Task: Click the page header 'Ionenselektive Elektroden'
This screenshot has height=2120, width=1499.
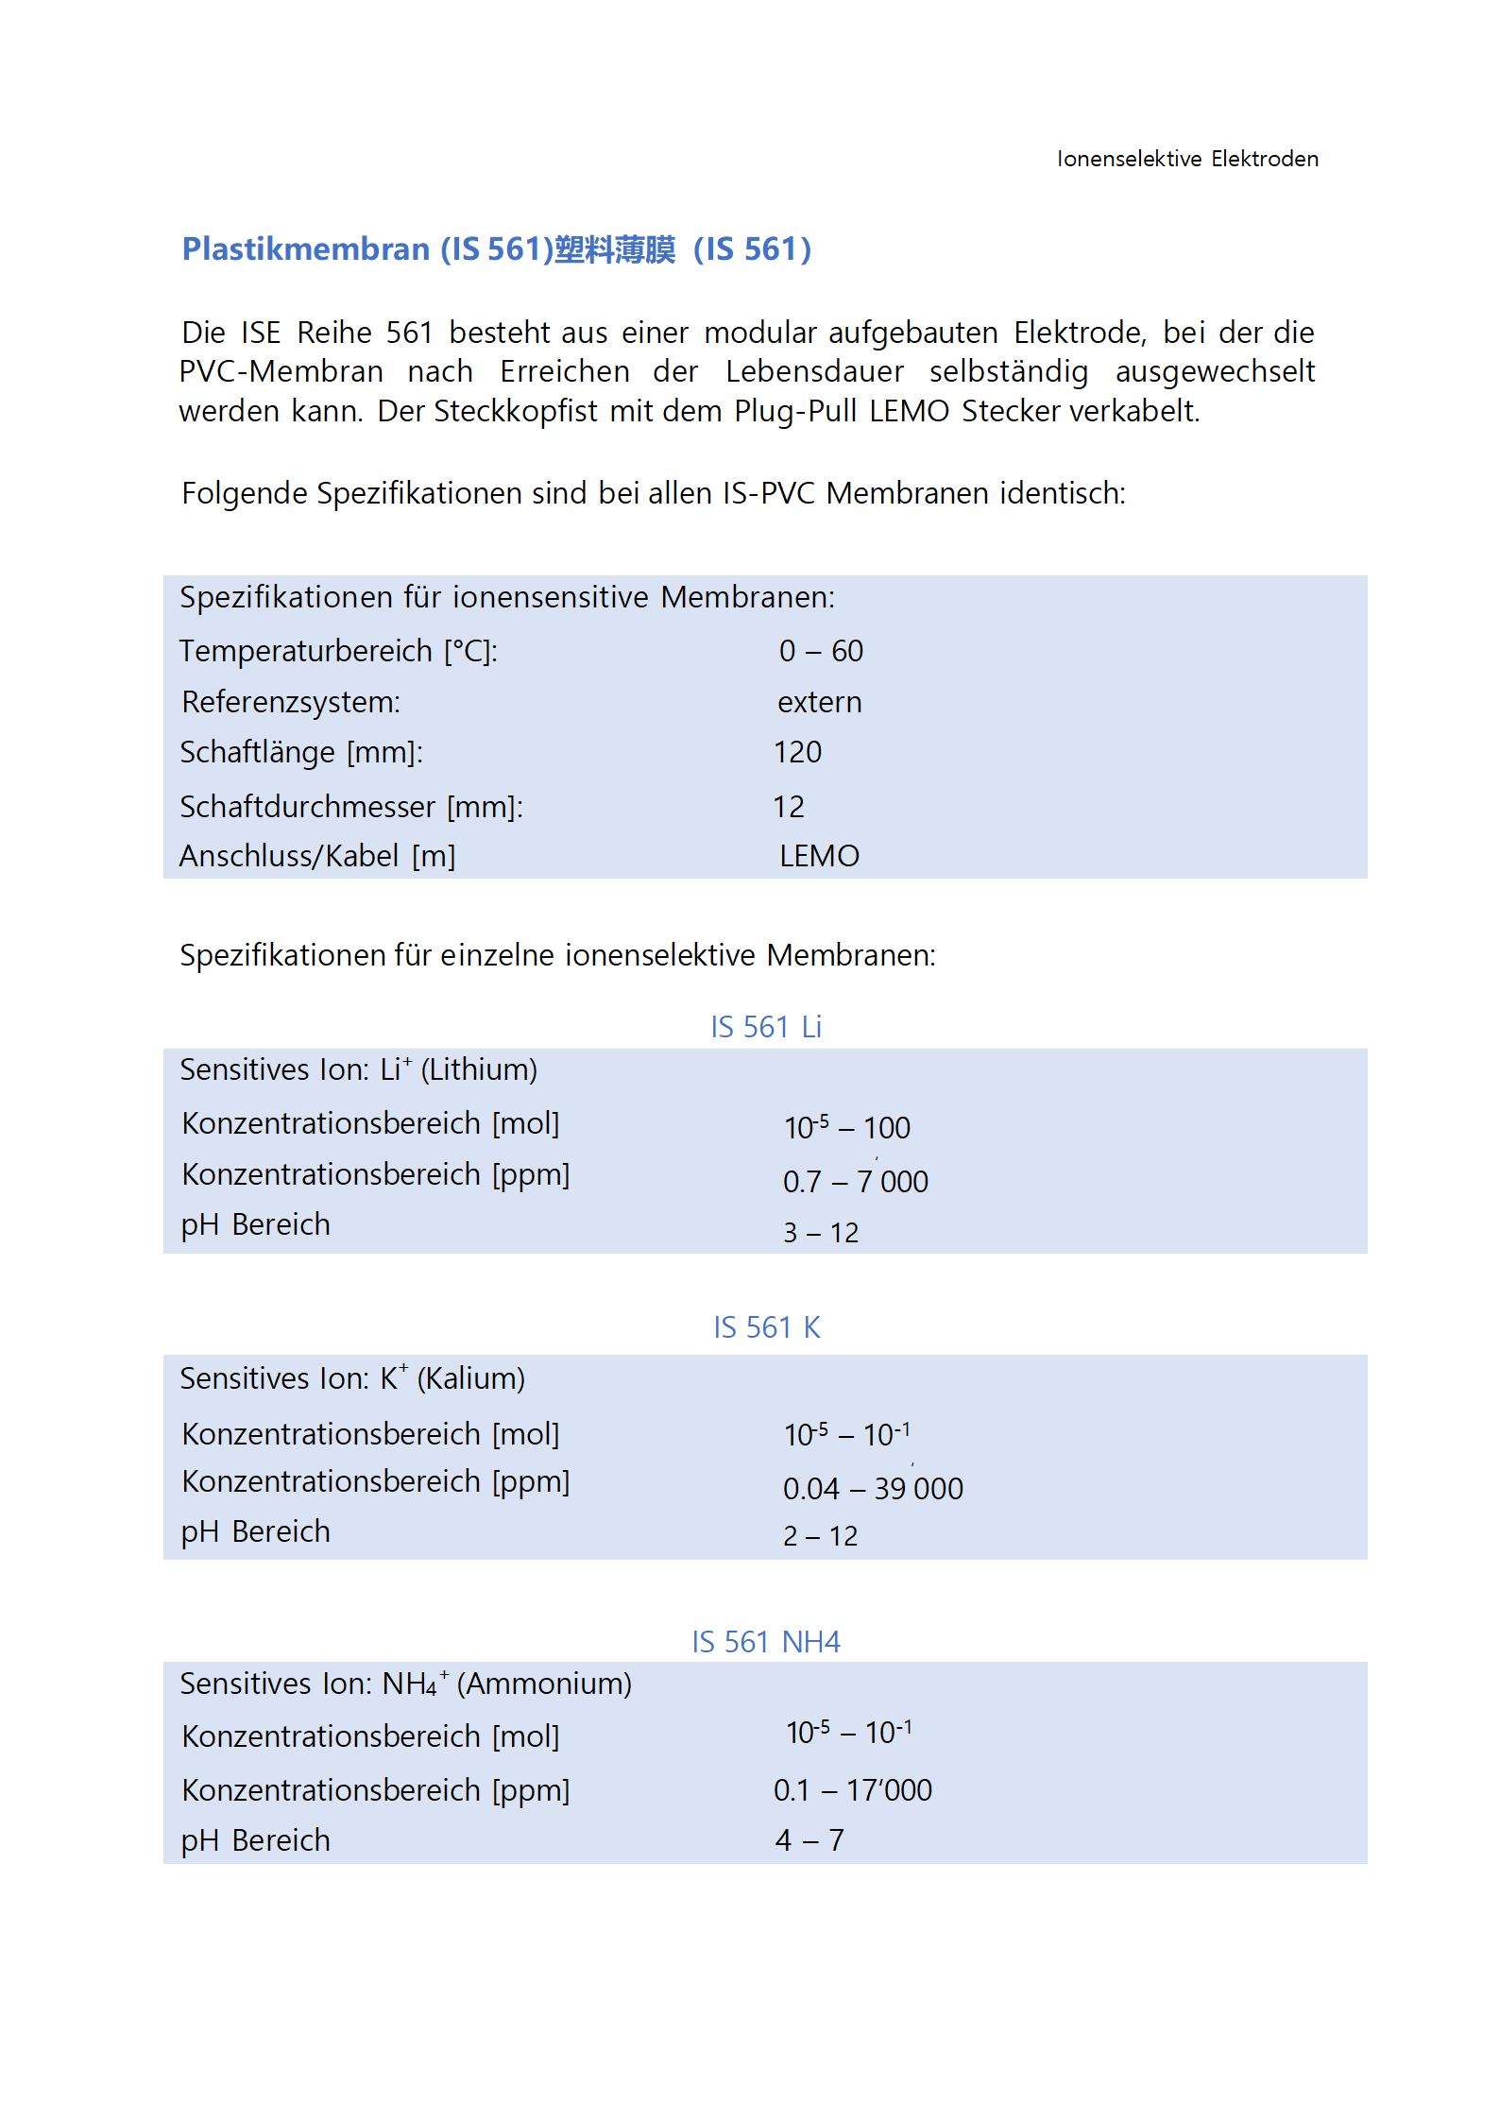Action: (1187, 159)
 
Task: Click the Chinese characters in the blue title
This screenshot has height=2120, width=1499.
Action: (614, 249)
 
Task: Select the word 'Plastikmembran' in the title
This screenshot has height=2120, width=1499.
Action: (306, 249)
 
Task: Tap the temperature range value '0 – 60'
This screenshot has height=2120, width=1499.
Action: (821, 651)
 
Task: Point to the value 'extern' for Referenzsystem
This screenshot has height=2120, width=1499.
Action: (819, 702)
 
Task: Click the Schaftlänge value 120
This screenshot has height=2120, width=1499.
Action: (797, 752)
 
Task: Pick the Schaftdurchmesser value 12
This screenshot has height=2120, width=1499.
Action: (789, 807)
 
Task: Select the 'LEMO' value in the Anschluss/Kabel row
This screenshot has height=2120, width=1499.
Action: (819, 856)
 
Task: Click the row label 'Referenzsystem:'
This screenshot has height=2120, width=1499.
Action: (291, 702)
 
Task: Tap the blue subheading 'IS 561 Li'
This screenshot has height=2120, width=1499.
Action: (766, 1027)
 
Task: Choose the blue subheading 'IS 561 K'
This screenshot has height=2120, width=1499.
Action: (766, 1327)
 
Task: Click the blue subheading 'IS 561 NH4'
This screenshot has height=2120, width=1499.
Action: (766, 1642)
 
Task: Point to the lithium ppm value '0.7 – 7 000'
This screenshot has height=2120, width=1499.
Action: (855, 1181)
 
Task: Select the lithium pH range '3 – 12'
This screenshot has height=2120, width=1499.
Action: (821, 1233)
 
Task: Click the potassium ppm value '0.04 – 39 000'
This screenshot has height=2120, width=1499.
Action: (873, 1489)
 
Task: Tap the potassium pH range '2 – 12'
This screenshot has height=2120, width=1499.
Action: (820, 1536)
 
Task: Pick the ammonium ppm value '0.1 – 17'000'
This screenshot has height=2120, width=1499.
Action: (852, 1790)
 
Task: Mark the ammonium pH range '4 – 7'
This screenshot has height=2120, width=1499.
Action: (809, 1840)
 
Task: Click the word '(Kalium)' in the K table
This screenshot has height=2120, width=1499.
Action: (470, 1378)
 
